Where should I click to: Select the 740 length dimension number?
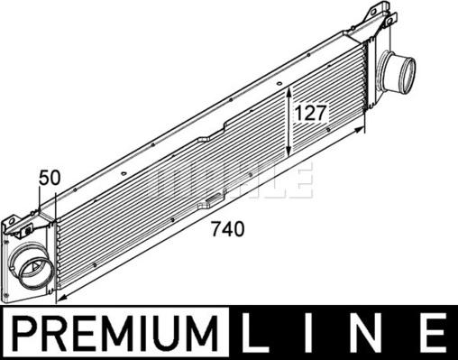[x=225, y=230]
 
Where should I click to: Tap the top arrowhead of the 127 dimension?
[x=288, y=90]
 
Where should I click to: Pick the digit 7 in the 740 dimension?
[x=214, y=230]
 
